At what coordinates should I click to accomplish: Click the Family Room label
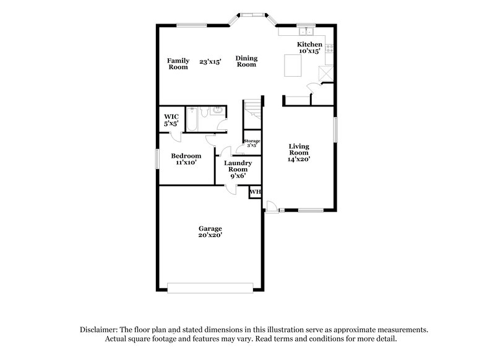tap(178, 64)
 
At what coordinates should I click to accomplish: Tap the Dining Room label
tap(246, 61)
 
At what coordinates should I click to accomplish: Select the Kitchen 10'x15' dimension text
tap(309, 51)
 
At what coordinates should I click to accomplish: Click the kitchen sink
tap(305, 32)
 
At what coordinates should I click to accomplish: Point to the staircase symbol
tap(252, 111)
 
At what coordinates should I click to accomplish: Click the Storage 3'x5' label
tap(251, 144)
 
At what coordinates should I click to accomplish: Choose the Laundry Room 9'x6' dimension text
tap(238, 176)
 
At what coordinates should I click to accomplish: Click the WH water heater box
tap(254, 193)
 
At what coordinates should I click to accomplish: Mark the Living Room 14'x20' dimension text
tap(299, 159)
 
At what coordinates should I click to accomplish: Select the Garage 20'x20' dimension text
tap(210, 235)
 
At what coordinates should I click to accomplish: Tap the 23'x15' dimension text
tap(210, 62)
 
